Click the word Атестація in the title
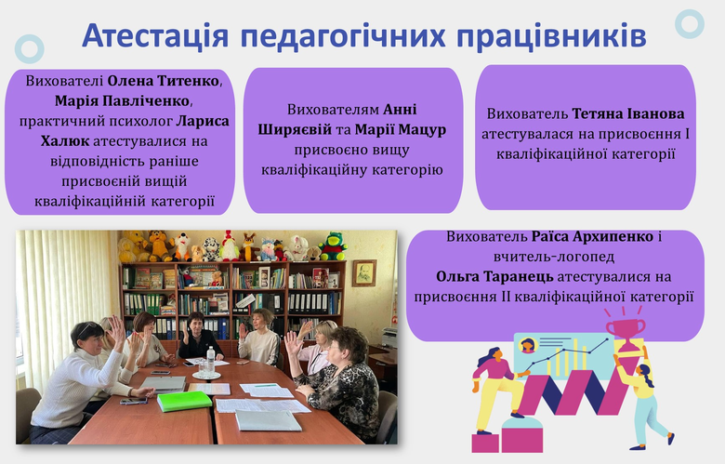(x=155, y=35)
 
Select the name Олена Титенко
(x=164, y=81)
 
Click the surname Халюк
(x=65, y=140)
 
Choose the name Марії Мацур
(x=401, y=129)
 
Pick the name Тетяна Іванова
(x=628, y=113)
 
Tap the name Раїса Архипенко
(x=592, y=237)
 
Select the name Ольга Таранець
(x=494, y=277)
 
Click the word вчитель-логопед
(x=553, y=257)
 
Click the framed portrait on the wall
(x=364, y=273)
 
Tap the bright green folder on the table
(x=184, y=401)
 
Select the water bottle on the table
(x=210, y=360)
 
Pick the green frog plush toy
(x=333, y=246)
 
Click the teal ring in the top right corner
(x=690, y=24)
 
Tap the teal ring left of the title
(x=29, y=48)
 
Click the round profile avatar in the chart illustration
(x=528, y=345)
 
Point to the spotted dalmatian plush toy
(x=211, y=249)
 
